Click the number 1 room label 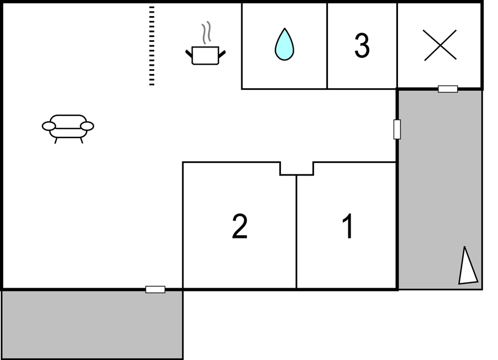[x=348, y=226]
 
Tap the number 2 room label [x=240, y=226]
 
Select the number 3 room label [x=362, y=45]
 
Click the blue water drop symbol [x=284, y=44]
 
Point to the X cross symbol [x=440, y=45]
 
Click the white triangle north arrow [x=467, y=266]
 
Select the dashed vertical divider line [x=152, y=45]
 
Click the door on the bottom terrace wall [x=155, y=289]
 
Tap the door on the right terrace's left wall [x=397, y=129]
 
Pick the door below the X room [x=448, y=89]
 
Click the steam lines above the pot [x=206, y=33]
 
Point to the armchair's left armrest [x=49, y=126]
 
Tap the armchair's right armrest [x=87, y=126]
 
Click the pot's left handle [x=189, y=54]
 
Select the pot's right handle [x=222, y=54]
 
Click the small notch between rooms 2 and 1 [x=296, y=169]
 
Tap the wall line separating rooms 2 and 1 [x=296, y=232]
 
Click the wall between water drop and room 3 [x=327, y=46]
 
